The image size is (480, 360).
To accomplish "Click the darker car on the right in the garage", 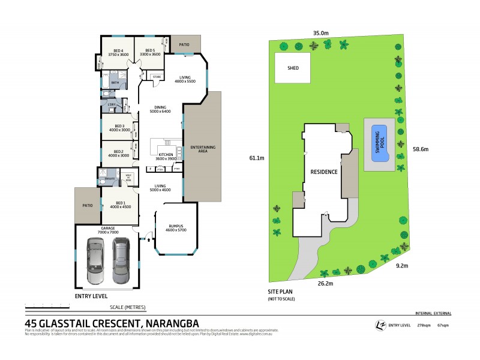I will click(x=121, y=260).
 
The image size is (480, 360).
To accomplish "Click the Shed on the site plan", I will click(x=293, y=68).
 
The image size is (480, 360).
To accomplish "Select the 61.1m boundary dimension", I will click(x=257, y=158).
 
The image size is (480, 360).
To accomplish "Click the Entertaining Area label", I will click(x=202, y=149).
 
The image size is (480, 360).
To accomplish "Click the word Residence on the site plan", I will click(x=324, y=172).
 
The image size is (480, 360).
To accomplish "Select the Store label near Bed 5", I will click(x=157, y=77).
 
